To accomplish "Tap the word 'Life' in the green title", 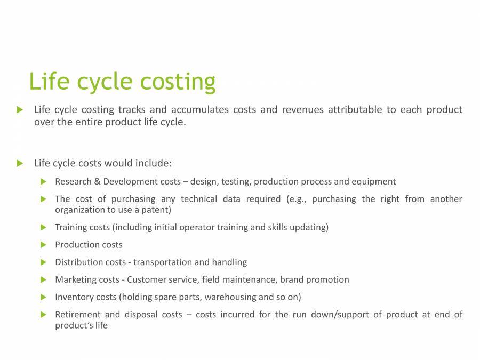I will tap(49, 81).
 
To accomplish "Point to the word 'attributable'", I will tap(355, 110).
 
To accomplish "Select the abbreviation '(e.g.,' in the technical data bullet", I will tap(296, 199).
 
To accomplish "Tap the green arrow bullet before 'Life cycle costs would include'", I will tap(20, 163).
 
